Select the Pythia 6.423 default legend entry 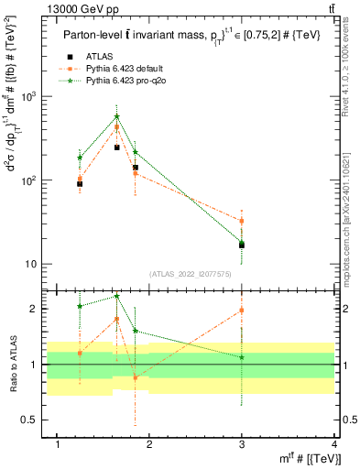pyautogui.click(x=121, y=69)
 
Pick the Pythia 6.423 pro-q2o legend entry pyautogui.click(x=121, y=82)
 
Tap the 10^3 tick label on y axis pyautogui.click(x=31, y=96)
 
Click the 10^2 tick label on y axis pyautogui.click(x=31, y=180)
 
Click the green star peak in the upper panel pyautogui.click(x=116, y=116)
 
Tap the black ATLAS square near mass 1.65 pyautogui.click(x=116, y=147)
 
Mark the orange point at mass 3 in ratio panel pyautogui.click(x=242, y=311)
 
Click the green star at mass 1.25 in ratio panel pyautogui.click(x=80, y=306)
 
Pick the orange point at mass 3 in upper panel pyautogui.click(x=242, y=221)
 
